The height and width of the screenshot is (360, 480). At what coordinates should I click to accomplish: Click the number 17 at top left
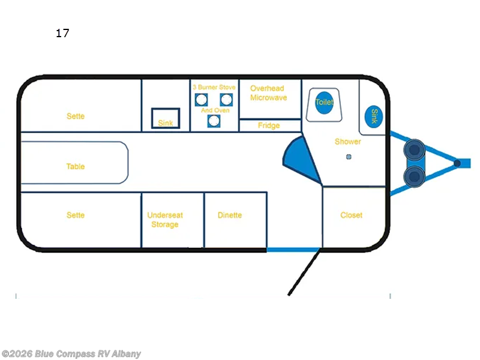(62, 34)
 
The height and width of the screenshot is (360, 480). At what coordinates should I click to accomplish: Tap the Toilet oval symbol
(324, 102)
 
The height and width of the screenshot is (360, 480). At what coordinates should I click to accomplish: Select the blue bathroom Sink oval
(374, 115)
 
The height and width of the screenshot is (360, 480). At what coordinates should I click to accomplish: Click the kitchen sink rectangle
(165, 117)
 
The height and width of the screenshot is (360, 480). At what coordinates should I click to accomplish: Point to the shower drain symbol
(347, 157)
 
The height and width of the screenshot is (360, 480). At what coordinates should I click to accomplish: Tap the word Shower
(348, 142)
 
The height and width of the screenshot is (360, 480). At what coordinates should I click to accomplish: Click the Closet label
(351, 215)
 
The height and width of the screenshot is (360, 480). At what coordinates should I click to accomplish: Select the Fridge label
(269, 125)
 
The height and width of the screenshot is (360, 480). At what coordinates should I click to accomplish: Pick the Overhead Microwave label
(268, 93)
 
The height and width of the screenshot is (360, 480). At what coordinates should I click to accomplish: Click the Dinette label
(230, 215)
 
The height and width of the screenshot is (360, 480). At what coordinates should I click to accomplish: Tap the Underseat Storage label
(165, 220)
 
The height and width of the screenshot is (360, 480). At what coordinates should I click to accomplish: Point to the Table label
(76, 166)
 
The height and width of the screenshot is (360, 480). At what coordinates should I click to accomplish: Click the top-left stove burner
(202, 100)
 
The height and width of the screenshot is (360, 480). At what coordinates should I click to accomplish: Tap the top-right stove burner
(226, 100)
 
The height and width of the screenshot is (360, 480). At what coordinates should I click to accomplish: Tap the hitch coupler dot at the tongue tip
(457, 163)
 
